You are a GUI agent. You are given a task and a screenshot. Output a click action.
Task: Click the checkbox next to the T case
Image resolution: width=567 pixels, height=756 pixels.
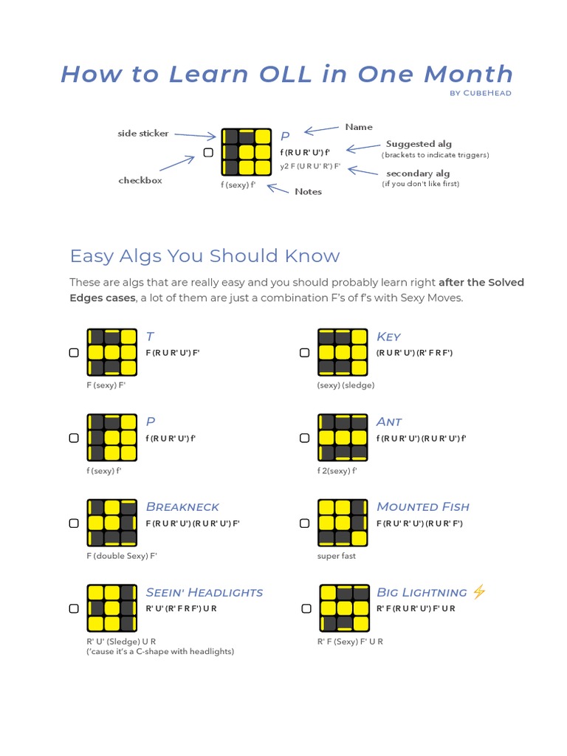coord(74,353)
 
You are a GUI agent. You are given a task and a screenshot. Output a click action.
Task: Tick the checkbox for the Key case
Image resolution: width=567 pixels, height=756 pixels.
coord(304,353)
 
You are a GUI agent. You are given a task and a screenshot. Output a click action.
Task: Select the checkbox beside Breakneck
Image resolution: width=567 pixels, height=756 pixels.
coord(74,523)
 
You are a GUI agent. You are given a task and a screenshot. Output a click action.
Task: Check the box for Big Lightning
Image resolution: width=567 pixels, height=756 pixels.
coord(306,609)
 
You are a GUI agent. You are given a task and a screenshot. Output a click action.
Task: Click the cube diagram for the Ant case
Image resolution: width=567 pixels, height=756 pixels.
coord(343,438)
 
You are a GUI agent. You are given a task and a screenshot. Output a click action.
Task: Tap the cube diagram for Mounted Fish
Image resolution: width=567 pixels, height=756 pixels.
coord(343,523)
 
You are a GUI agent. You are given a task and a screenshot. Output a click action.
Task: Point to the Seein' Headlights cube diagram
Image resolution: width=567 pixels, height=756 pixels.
coord(112,609)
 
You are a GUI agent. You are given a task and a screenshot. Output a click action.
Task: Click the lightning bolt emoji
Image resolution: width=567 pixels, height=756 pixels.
coord(479,591)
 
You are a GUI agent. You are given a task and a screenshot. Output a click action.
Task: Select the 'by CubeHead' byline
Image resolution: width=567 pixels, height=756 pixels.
coord(480,93)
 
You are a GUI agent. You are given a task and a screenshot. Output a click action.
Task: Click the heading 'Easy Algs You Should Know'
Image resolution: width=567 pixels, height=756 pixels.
coord(205,256)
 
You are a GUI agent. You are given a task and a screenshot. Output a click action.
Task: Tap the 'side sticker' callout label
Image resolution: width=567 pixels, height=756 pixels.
coord(143,134)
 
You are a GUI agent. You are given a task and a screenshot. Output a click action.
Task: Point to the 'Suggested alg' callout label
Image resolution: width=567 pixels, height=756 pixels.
coord(419,144)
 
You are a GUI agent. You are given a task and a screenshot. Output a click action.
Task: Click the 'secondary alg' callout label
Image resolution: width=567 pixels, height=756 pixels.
coord(418,173)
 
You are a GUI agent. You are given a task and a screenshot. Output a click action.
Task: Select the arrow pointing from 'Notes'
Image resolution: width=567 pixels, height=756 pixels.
coord(278,188)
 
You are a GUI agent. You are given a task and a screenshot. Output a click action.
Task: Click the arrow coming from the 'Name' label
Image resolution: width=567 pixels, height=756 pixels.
coord(320,131)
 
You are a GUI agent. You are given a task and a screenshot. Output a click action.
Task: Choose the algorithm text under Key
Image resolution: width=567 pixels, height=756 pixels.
coord(414,353)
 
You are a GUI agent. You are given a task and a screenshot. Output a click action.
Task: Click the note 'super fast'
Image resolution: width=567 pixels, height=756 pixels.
coord(337,556)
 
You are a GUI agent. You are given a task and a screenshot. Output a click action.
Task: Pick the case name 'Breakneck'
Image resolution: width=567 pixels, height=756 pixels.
coord(182,506)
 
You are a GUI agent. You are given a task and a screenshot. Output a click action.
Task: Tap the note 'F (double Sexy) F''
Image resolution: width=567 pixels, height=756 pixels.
coord(122,556)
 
